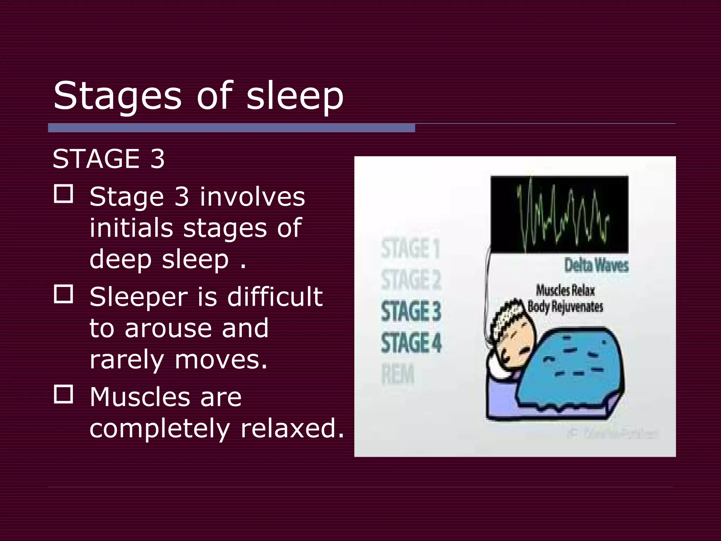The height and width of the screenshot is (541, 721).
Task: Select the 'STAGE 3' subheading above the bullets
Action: (x=108, y=159)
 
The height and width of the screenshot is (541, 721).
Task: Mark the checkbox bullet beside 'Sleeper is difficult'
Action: (x=63, y=294)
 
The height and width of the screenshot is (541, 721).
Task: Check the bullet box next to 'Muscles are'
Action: (x=63, y=394)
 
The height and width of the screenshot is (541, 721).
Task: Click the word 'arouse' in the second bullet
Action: (x=168, y=328)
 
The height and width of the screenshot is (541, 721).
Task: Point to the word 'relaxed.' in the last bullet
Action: (x=292, y=429)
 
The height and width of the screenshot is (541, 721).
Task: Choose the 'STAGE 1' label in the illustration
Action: (x=410, y=248)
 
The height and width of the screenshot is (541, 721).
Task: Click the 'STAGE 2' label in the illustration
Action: (x=411, y=280)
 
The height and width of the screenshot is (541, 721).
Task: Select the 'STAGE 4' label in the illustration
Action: (x=411, y=343)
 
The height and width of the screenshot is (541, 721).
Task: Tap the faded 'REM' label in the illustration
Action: (x=398, y=374)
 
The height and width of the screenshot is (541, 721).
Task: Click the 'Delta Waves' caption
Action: (x=596, y=265)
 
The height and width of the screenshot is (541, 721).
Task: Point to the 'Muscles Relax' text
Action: (x=565, y=291)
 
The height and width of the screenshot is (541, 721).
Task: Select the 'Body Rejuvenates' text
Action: (x=565, y=306)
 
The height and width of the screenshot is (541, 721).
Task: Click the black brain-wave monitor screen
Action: (x=559, y=214)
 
